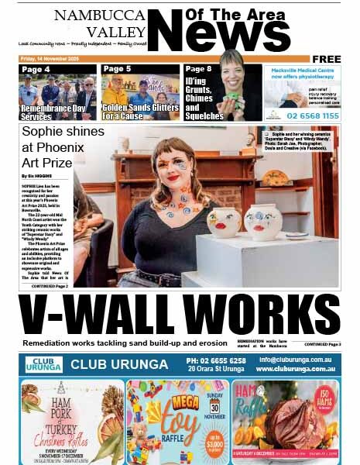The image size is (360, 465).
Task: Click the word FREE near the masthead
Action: [326, 59]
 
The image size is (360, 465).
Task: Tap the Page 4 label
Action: [36, 70]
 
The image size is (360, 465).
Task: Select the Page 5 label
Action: [117, 70]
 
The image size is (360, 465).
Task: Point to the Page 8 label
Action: [199, 70]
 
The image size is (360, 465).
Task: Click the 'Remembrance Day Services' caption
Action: [48, 111]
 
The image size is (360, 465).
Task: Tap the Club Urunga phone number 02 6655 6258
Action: [217, 360]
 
